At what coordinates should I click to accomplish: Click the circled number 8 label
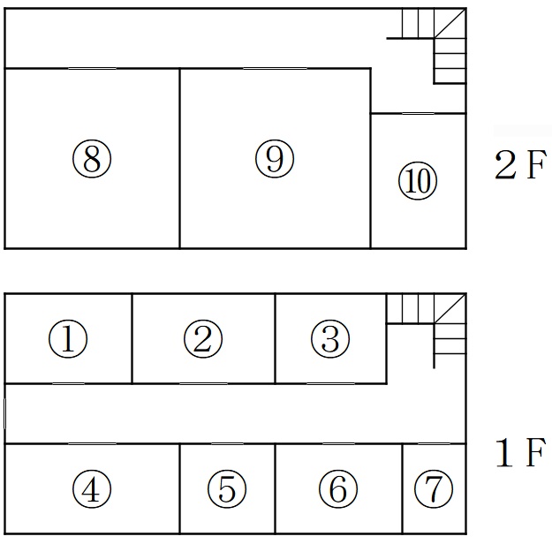(92, 159)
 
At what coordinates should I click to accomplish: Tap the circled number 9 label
(275, 159)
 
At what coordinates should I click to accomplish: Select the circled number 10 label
(418, 181)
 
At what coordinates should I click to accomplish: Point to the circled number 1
(68, 339)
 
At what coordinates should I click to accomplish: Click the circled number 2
(203, 339)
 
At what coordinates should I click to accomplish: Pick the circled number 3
(330, 339)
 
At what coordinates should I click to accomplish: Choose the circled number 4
(92, 489)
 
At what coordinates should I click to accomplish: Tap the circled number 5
(227, 489)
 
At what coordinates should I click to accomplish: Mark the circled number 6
(338, 489)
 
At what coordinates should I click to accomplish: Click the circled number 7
(434, 489)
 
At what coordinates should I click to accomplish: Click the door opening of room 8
(92, 68)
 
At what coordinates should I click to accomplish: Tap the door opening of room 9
(275, 68)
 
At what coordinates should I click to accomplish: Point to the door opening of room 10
(418, 113)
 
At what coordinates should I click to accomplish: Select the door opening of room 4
(92, 444)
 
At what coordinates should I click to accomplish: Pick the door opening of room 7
(434, 444)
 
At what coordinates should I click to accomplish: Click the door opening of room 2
(203, 383)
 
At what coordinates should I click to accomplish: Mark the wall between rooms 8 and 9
(179, 158)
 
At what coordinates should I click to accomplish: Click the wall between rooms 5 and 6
(275, 488)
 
